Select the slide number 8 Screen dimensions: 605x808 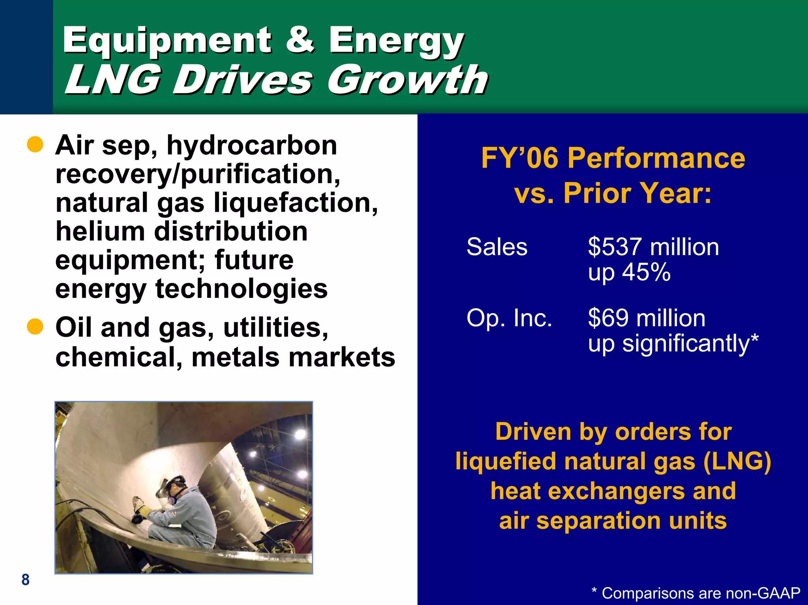click(26, 580)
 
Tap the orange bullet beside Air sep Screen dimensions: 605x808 click(35, 145)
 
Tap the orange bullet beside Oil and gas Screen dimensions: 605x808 click(35, 327)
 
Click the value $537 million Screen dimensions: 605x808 click(653, 247)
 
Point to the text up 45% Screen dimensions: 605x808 click(629, 273)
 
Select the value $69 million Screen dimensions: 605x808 click(646, 318)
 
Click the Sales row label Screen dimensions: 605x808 click(497, 247)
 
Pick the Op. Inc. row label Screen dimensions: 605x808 click(509, 318)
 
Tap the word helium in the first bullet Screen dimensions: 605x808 click(99, 232)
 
